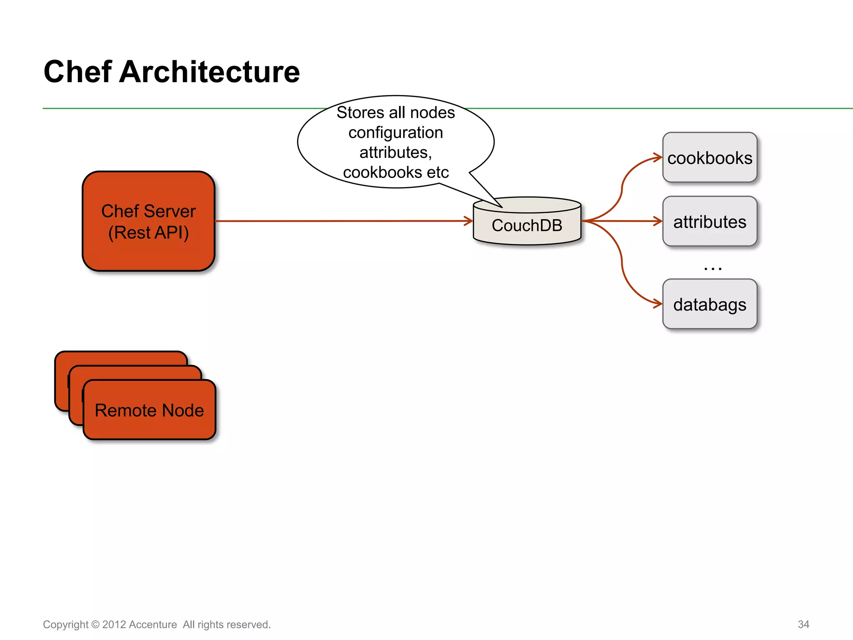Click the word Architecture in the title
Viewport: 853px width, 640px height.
coord(209,72)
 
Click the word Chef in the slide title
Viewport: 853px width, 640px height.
coord(77,72)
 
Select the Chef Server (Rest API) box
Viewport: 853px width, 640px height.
coord(148,221)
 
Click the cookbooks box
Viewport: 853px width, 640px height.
coord(710,158)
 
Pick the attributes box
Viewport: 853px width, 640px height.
coord(710,222)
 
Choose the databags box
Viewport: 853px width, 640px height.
coord(710,305)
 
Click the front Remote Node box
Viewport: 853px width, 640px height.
coord(149,410)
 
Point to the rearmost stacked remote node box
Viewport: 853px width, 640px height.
coord(121,358)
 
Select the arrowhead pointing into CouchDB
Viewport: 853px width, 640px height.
coord(469,221)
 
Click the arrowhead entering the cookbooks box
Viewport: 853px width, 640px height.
coord(658,157)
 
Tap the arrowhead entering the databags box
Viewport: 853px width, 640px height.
coord(658,304)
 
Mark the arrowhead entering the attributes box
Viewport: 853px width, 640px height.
coord(658,221)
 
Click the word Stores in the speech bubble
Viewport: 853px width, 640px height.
coord(360,112)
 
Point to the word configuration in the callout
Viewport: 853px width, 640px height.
coord(396,132)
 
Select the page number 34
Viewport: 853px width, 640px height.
coord(803,624)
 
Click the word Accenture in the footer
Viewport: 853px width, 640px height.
coord(153,625)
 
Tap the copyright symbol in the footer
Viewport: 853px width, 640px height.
coord(95,625)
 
